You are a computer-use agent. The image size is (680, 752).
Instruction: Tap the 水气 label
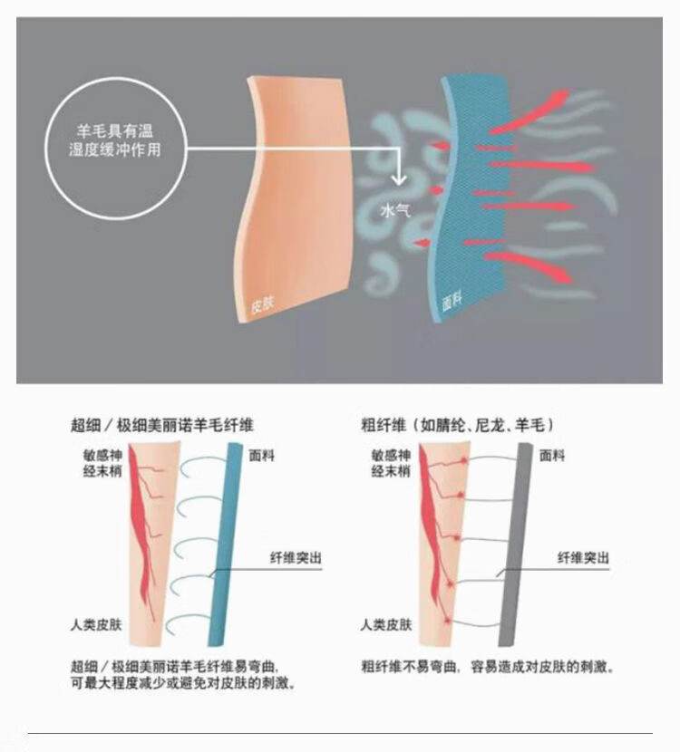click(395, 211)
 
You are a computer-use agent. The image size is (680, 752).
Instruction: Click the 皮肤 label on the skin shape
click(262, 307)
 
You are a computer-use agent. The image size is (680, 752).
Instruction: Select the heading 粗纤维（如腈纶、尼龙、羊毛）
click(458, 424)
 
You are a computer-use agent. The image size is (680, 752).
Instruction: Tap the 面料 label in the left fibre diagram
click(261, 456)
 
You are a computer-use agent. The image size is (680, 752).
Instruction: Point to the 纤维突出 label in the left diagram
click(296, 559)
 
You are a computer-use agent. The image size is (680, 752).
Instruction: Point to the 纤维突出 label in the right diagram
click(583, 559)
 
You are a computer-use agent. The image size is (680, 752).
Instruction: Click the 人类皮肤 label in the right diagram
click(386, 625)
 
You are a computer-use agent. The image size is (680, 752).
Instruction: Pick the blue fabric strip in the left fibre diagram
click(221, 544)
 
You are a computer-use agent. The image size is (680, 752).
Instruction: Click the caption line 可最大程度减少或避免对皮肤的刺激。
click(182, 684)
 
